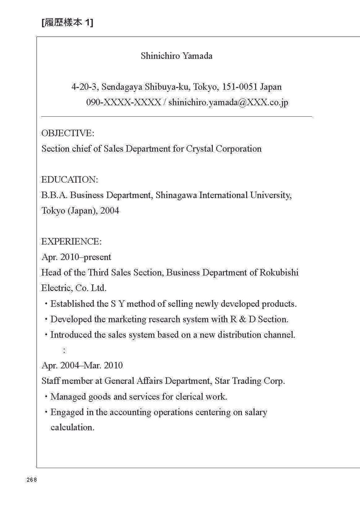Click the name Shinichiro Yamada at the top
176,56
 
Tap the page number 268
32,480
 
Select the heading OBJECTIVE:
68,133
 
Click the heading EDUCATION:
69,179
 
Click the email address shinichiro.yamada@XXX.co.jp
228,102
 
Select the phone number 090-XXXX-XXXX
123,102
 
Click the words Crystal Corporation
224,148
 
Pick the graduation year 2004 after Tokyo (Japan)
110,210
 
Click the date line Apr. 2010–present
76,257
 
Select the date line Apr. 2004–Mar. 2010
82,365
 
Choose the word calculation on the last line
72,427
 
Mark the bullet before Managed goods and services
46,397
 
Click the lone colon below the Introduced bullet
64,350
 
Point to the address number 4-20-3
85,87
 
